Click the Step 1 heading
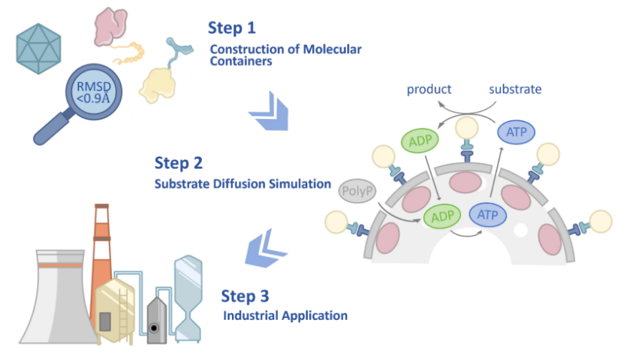click(231, 28)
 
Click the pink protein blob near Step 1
click(111, 26)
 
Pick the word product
click(429, 90)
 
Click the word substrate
click(515, 90)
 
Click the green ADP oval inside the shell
click(442, 215)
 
